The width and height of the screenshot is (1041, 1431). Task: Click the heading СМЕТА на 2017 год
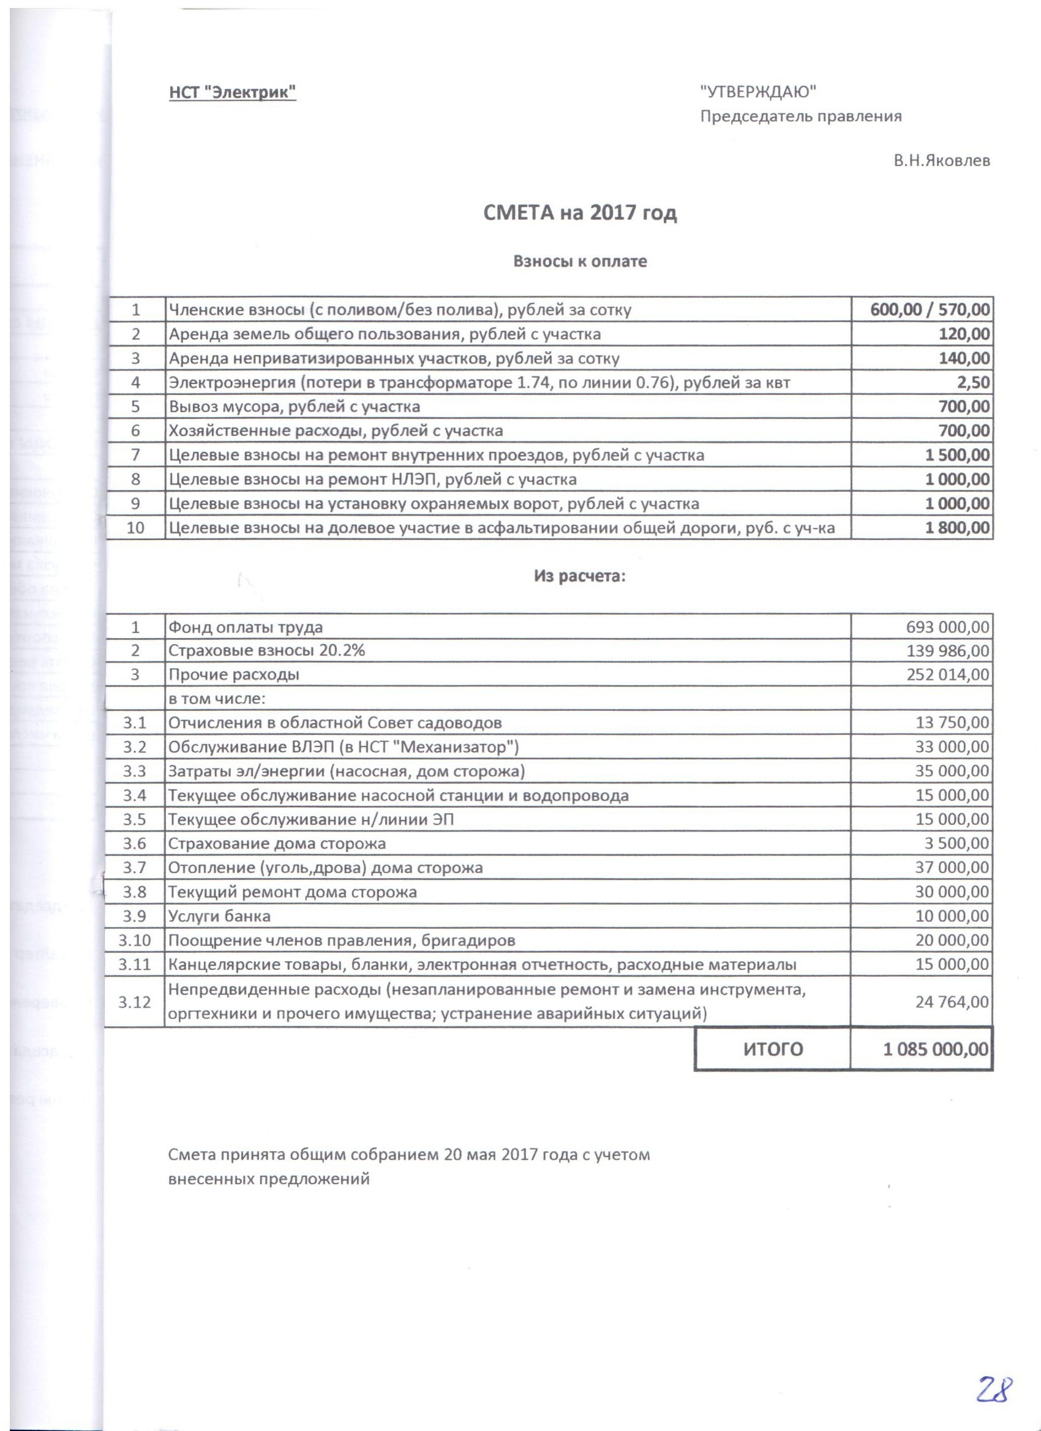coord(580,212)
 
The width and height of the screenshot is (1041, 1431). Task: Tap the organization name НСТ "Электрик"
coord(232,92)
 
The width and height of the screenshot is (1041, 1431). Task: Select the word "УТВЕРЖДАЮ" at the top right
coord(757,91)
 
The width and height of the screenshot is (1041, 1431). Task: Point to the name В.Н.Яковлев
coord(941,160)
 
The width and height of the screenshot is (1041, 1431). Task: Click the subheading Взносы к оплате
coord(580,261)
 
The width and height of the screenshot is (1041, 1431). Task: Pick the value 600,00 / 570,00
coord(930,309)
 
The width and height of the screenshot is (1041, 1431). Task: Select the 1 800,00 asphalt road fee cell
coord(957,527)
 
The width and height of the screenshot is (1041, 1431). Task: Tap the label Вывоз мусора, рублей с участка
coord(294,407)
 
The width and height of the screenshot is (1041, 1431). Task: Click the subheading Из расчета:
coord(580,576)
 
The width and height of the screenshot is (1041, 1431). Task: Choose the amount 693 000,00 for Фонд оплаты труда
coord(948,626)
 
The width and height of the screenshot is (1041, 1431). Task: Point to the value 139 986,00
coord(948,650)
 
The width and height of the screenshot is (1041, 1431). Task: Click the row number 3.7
coord(134,868)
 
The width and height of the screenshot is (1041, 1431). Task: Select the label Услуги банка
coord(219,916)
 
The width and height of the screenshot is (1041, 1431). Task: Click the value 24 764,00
coord(952,1001)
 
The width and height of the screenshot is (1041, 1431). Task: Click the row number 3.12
coord(134,1001)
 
